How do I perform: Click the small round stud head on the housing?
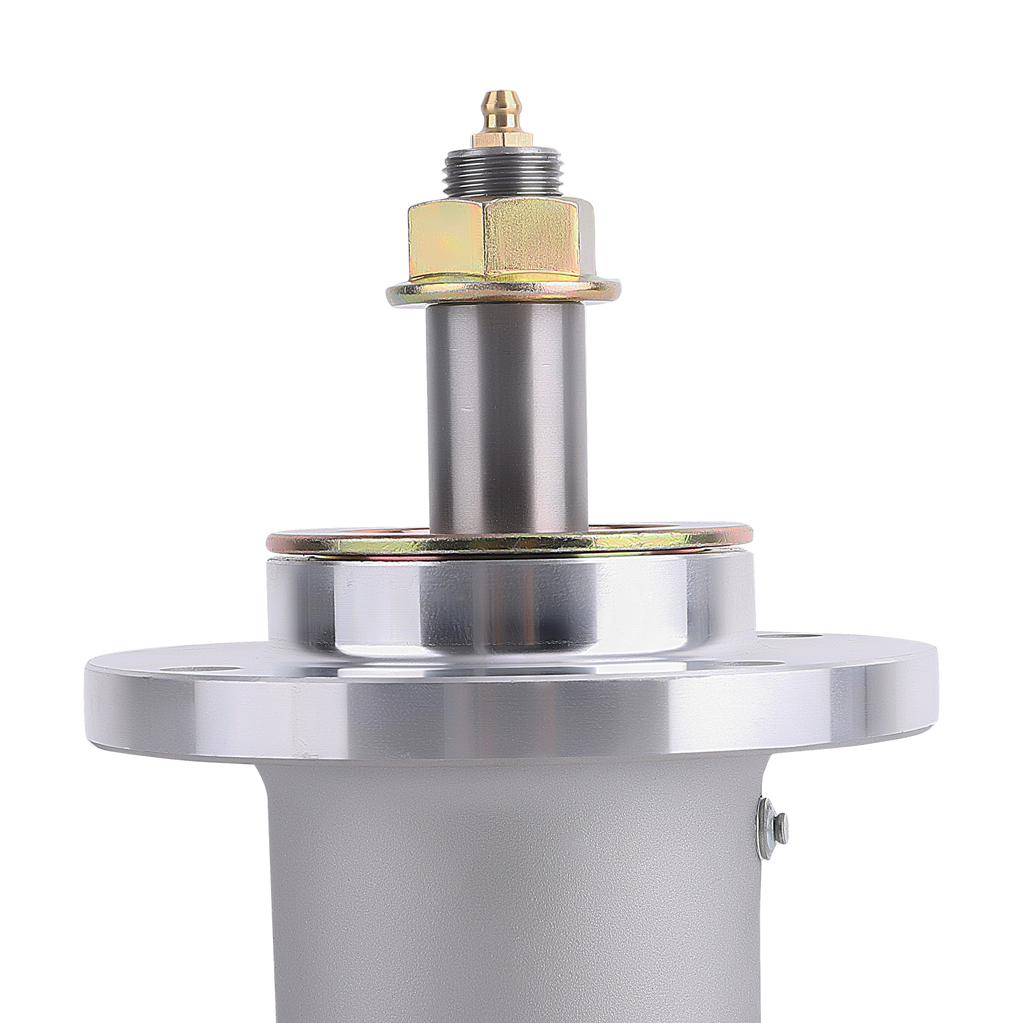click(780, 828)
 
